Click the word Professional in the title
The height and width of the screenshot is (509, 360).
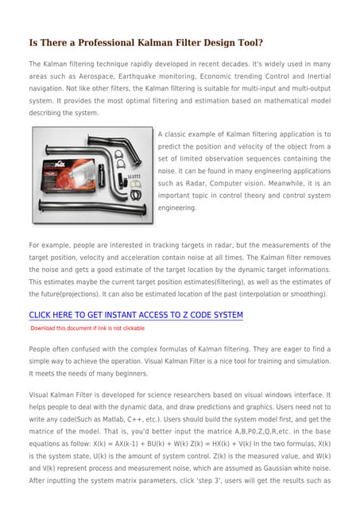click(x=103, y=42)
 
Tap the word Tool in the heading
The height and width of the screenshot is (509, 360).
click(x=247, y=42)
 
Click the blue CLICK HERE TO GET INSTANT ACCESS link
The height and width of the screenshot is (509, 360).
click(x=136, y=315)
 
